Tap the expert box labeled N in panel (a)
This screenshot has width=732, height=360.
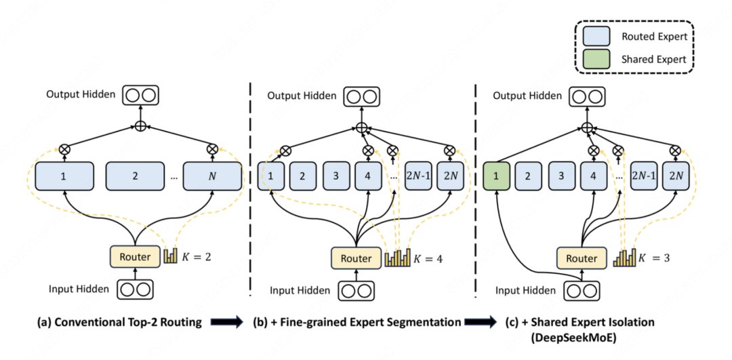pyautogui.click(x=213, y=176)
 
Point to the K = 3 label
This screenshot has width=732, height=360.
pyautogui.click(x=654, y=257)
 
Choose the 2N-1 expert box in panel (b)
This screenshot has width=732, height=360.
pyautogui.click(x=418, y=176)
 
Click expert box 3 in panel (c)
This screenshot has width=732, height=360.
pyautogui.click(x=562, y=176)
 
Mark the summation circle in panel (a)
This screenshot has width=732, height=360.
pyautogui.click(x=141, y=126)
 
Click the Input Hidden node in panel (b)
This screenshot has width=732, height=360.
pyautogui.click(x=357, y=290)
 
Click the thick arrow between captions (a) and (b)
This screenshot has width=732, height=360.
pyautogui.click(x=227, y=323)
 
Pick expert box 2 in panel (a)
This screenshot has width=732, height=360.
pyautogui.click(x=135, y=176)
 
